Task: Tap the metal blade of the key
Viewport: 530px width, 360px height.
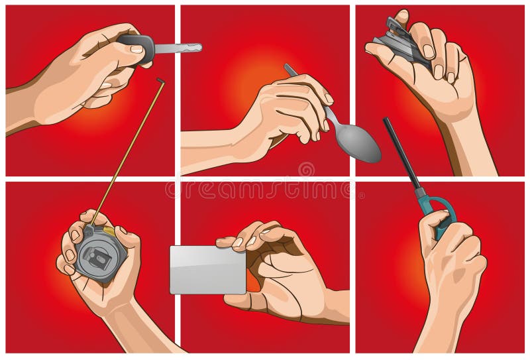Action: coord(178,48)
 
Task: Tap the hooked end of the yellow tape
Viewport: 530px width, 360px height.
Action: coord(160,80)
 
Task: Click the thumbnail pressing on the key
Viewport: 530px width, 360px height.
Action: coord(136,48)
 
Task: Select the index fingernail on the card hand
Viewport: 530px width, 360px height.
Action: coord(237,243)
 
